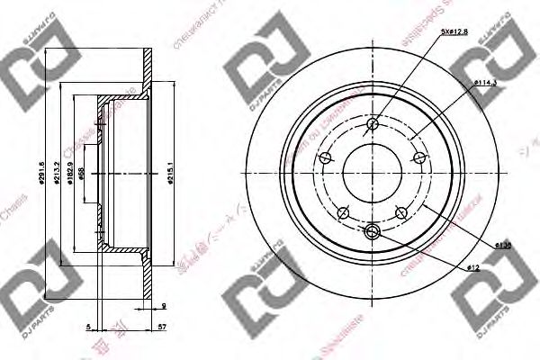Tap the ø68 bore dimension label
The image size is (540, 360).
click(82, 175)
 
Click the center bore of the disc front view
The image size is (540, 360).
click(373, 175)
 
